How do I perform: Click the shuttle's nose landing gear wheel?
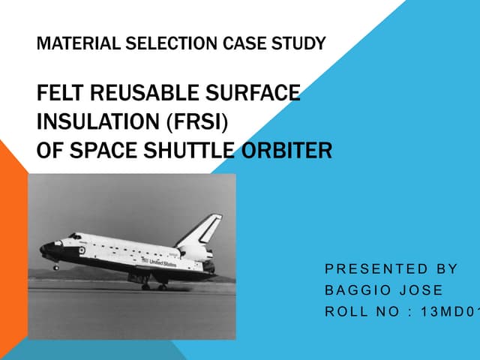55,267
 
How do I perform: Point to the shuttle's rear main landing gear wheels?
153,286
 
